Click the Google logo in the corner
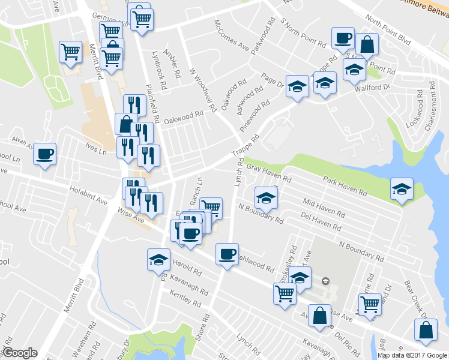point(20,353)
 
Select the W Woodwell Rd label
point(202,90)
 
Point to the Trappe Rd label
point(250,146)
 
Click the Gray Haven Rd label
point(269,173)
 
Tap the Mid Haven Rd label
point(324,208)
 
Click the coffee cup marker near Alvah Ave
point(45,154)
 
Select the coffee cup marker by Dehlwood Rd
point(227,254)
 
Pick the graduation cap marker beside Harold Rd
point(158,259)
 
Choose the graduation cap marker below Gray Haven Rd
point(266,197)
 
